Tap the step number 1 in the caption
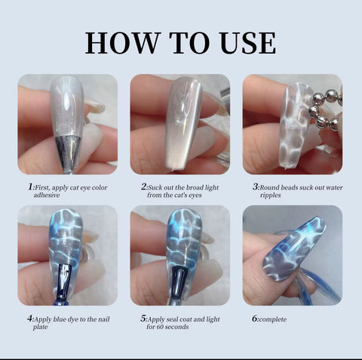(x=30, y=186)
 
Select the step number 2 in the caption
(x=143, y=186)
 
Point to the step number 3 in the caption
(x=255, y=186)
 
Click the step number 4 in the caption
(x=30, y=318)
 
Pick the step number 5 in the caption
(x=143, y=318)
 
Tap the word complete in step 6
(x=274, y=319)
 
